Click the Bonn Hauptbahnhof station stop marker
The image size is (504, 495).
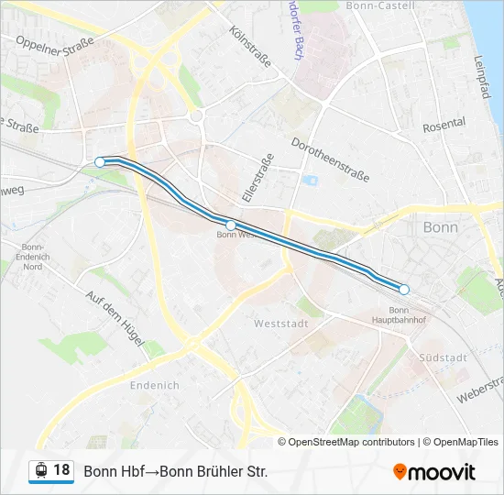[404, 290]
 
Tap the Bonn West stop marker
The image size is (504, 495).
[231, 225]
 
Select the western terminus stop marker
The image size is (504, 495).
[100, 162]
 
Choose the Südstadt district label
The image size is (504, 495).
[442, 357]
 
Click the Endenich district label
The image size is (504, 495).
[155, 385]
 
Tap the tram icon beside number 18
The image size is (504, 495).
[40, 471]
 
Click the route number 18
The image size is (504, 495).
[61, 470]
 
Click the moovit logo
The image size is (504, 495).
[434, 472]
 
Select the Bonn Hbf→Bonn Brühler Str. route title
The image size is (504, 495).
[175, 472]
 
